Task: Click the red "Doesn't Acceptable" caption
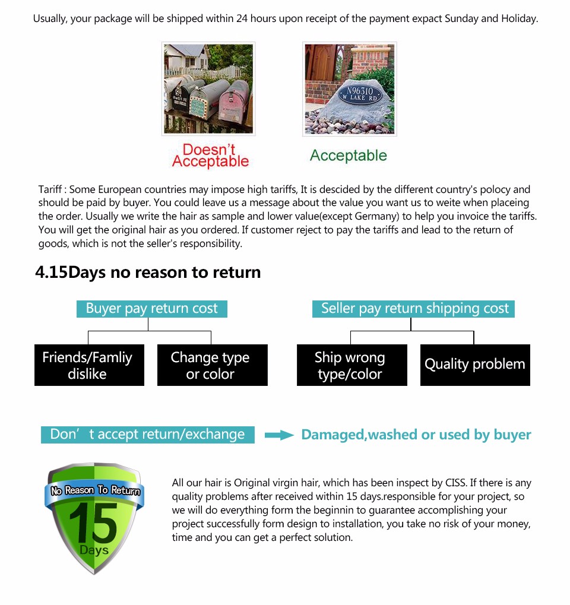click(x=210, y=156)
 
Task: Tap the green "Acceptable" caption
click(x=348, y=156)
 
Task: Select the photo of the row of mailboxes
click(x=208, y=88)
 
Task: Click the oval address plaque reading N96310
click(x=360, y=94)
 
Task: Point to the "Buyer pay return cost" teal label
click(x=151, y=309)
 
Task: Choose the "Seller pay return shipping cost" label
click(x=414, y=309)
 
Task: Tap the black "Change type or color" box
click(x=212, y=365)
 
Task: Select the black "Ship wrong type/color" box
click(x=351, y=365)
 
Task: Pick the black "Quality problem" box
click(x=474, y=365)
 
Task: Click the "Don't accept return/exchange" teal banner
click(x=147, y=435)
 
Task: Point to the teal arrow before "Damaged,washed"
click(x=278, y=435)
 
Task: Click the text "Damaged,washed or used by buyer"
click(x=416, y=435)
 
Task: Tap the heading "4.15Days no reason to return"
click(x=148, y=273)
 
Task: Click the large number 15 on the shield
click(x=93, y=522)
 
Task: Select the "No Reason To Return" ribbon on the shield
click(x=95, y=490)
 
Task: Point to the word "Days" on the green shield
click(x=94, y=550)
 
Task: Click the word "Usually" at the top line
click(x=50, y=18)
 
